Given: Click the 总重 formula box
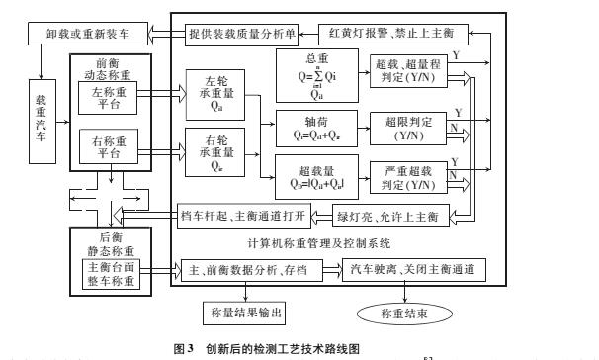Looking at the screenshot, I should [x=318, y=75].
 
